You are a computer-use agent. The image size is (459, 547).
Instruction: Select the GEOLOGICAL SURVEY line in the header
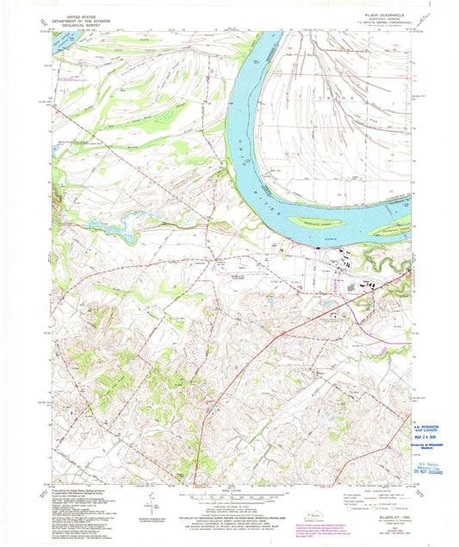pos(82,23)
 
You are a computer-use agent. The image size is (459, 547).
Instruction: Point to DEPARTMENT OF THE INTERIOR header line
pos(82,19)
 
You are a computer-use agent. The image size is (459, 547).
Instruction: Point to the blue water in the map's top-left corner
pos(62,39)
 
